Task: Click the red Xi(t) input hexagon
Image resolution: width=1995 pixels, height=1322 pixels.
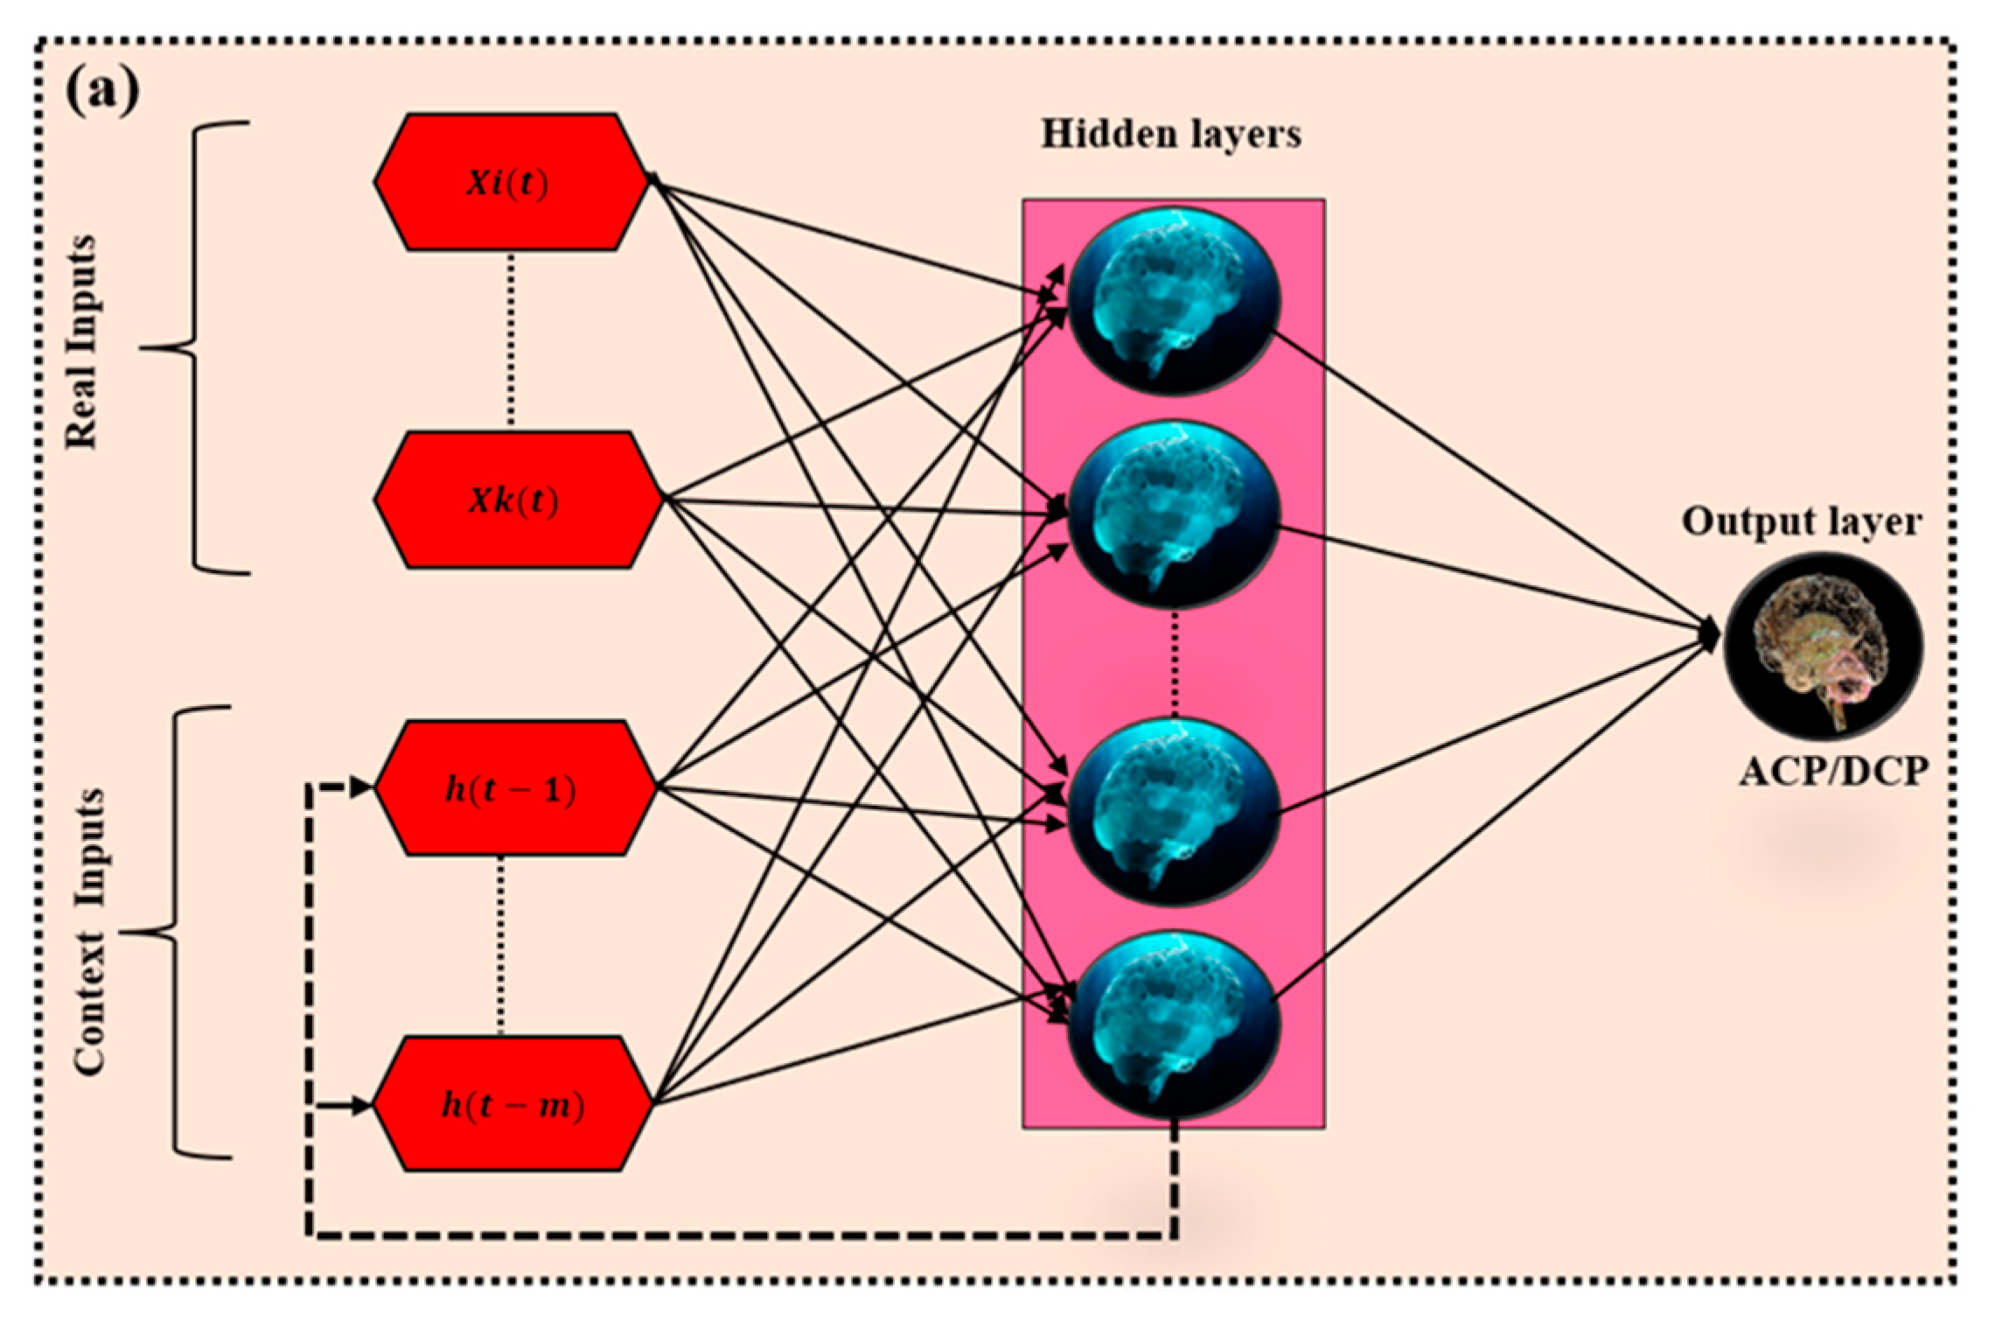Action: [x=512, y=183]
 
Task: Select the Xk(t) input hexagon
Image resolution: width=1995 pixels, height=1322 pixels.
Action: [x=518, y=500]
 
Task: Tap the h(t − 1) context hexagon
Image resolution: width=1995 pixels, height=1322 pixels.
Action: [x=514, y=788]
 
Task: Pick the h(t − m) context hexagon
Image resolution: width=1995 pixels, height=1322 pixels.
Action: [x=513, y=1104]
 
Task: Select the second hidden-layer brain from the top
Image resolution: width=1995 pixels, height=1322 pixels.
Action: [x=1174, y=514]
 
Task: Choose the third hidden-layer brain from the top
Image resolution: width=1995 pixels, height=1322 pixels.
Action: [x=1174, y=812]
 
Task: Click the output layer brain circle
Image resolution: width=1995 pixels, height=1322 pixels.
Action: [x=1823, y=646]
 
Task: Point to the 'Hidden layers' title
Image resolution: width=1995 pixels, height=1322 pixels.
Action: [x=1170, y=135]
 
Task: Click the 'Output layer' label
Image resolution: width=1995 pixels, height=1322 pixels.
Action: [x=1802, y=522]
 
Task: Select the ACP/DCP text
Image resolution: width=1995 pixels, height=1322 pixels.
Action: [x=1833, y=772]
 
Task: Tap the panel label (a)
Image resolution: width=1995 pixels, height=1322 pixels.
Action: [x=102, y=91]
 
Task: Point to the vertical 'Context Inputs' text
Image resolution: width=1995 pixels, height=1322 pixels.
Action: [x=89, y=933]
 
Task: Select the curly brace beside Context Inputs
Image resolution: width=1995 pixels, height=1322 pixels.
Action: [x=175, y=933]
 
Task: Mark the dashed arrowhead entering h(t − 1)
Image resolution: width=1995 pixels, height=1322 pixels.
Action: [x=360, y=787]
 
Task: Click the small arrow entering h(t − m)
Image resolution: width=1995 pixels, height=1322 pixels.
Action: [x=359, y=1106]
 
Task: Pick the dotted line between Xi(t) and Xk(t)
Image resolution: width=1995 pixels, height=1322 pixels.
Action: [x=512, y=341]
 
